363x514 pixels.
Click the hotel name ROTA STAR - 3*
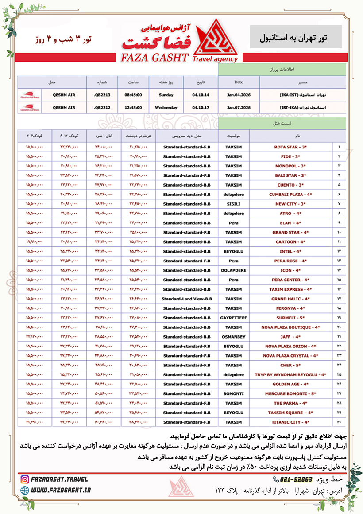290,147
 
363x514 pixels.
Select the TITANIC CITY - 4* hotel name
290,422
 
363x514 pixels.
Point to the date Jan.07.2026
239,107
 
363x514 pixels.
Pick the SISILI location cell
233,204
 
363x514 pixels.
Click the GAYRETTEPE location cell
233,318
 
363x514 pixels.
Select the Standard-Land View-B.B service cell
186,299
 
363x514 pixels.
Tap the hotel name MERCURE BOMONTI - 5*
290,393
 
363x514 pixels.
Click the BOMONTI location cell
233,393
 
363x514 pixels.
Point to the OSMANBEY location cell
233,337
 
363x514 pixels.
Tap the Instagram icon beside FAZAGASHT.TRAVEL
25,479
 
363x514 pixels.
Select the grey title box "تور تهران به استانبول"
296,37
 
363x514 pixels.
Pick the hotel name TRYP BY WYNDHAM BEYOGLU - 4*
290,374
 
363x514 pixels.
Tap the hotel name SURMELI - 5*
290,318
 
